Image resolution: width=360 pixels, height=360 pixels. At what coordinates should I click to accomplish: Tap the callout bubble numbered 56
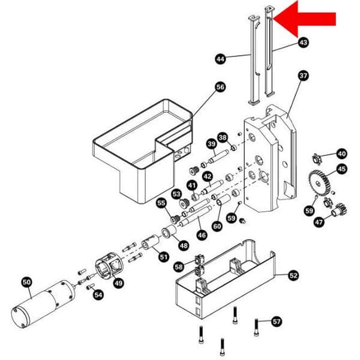point(220,88)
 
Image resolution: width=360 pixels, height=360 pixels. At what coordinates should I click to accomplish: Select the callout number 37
point(303,76)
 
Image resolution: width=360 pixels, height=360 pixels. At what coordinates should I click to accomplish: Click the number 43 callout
point(303,43)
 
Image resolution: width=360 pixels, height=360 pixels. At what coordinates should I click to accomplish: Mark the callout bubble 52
point(293,275)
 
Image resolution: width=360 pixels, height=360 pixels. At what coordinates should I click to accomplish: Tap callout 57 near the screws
point(276,321)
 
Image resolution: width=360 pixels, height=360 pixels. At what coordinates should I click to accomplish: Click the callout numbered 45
point(341,169)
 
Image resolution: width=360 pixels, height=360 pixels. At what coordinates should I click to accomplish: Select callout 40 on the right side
point(341,153)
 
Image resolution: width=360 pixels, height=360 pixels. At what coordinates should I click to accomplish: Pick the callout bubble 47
point(319,222)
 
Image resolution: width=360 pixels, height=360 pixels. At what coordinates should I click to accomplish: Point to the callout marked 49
point(119,283)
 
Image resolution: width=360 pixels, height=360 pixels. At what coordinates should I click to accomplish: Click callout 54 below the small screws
point(98,295)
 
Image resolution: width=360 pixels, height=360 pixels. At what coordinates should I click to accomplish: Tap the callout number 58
point(179,266)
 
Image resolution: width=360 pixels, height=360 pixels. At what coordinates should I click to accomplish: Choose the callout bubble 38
point(223,138)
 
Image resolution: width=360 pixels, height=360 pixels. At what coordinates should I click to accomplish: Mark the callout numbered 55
point(161,203)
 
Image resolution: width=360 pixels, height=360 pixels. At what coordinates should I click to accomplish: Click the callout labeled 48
point(183,245)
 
